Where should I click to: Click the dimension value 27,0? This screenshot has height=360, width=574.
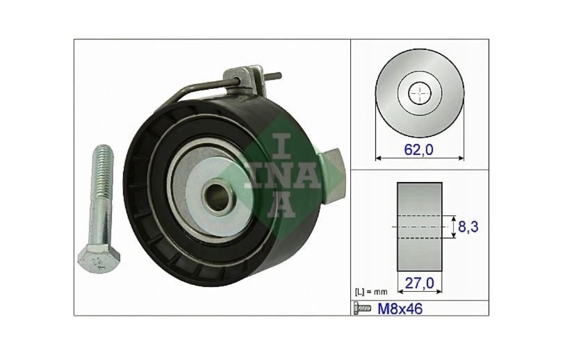[x=419, y=284]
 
